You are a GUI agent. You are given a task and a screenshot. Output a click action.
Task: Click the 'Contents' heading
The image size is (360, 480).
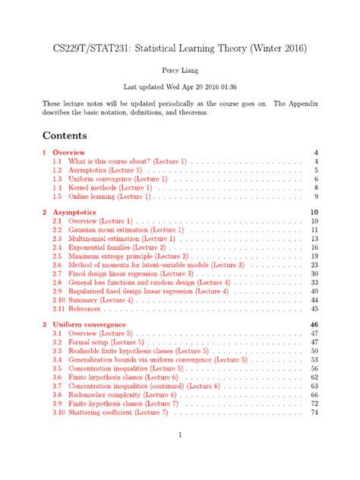tap(65, 135)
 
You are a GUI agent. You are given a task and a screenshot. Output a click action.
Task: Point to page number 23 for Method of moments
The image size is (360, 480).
tap(314, 265)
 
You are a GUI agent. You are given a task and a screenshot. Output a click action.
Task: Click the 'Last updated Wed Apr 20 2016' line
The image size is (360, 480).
tap(179, 85)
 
